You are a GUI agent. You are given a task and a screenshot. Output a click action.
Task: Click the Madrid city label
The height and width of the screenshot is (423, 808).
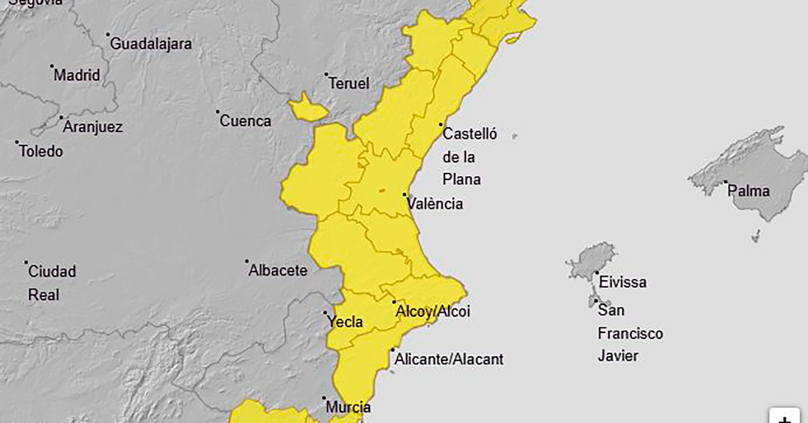coord(77,75)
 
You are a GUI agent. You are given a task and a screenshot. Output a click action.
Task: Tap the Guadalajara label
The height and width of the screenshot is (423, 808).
coord(151,44)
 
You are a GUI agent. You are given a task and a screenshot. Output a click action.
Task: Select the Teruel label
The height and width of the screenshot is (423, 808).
coord(349,83)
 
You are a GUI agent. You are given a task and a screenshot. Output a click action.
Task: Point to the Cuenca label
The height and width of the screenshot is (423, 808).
coord(245,121)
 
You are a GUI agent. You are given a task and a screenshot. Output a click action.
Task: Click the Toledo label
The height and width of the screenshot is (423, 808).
coord(41,151)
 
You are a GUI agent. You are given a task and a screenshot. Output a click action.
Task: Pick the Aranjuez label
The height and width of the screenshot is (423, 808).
coord(93,127)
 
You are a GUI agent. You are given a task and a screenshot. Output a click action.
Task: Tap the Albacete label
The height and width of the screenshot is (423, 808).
coord(278,271)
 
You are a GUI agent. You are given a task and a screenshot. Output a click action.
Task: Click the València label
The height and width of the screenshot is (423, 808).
coord(435,204)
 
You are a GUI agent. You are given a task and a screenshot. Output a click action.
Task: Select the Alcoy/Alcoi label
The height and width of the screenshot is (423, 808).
coord(433,311)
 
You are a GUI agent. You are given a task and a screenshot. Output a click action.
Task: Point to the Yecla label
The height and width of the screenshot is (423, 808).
coord(345,322)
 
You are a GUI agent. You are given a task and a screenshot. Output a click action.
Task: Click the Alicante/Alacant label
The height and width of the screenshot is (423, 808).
coord(449,359)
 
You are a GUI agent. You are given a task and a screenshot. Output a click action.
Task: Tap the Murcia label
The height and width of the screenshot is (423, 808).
coord(348,407)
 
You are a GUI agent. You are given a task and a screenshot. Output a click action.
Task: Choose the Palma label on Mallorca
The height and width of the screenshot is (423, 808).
coord(748,191)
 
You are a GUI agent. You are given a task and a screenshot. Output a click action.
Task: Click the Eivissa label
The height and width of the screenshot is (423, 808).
coord(623,282)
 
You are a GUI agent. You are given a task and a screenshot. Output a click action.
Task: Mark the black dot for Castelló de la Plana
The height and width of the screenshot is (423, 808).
coord(441,124)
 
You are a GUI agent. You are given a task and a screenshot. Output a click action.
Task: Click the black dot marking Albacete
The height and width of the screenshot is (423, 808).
coord(247,261)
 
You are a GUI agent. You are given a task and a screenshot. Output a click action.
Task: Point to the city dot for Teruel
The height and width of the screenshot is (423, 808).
coord(326,74)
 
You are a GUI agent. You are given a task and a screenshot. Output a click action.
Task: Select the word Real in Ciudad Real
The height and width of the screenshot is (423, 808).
coord(44,295)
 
